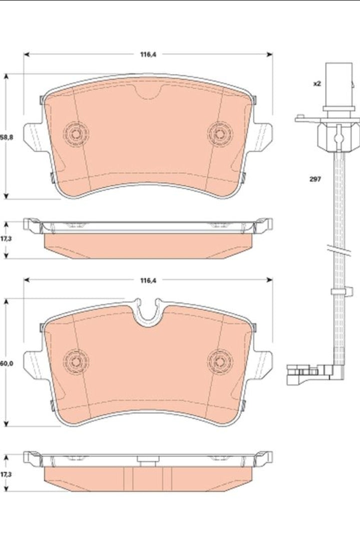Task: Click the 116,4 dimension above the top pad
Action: pos(148,54)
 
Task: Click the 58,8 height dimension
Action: pos(7,137)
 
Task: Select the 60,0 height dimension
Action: pos(7,363)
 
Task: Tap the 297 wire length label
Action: pos(315,179)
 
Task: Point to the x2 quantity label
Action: pos(317,84)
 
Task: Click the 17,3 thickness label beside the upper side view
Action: pos(6,238)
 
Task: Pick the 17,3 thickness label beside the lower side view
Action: pos(6,474)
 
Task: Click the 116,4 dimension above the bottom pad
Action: pos(148,280)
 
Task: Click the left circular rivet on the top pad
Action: pos(76,134)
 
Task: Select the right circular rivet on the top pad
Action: pos(220,134)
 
